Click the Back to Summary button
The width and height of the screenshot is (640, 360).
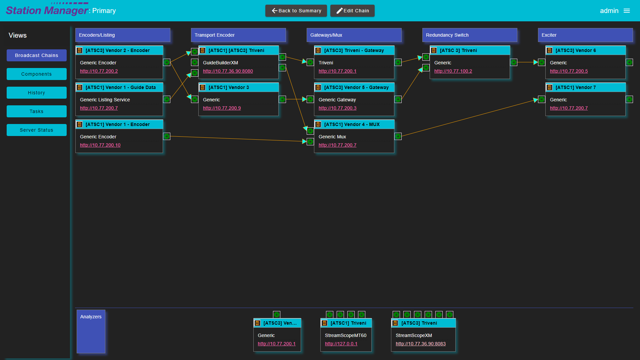296,11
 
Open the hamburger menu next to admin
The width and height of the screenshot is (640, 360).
627,11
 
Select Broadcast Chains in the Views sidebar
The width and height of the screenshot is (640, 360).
37,55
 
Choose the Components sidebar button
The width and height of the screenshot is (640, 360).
37,74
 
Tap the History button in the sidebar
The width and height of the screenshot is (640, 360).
37,93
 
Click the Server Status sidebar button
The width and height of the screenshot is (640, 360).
37,130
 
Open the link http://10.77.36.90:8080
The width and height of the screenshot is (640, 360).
228,71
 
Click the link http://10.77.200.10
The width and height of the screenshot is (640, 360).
100,145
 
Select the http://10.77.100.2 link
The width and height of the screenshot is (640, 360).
453,71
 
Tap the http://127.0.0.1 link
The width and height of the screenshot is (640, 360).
341,344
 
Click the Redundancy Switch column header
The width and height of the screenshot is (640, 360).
470,35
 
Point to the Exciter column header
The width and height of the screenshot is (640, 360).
585,35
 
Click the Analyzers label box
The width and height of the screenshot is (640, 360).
91,331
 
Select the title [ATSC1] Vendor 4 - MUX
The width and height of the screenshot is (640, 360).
352,124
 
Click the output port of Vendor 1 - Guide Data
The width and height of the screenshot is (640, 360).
167,99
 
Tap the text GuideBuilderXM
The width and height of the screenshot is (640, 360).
220,63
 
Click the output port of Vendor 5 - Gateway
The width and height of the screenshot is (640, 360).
398,99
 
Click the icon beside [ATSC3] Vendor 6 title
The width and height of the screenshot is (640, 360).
549,50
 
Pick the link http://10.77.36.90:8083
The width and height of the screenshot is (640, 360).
421,344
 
